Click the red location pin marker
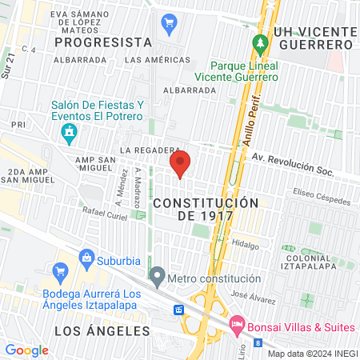pos(180,163)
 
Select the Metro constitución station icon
pos(158,278)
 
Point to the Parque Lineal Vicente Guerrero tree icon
pos(258,42)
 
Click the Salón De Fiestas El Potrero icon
pos(70,130)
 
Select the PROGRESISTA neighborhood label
pos(104,42)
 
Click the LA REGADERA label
pos(147,150)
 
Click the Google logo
pos(26,350)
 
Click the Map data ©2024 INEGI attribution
pos(312,354)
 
